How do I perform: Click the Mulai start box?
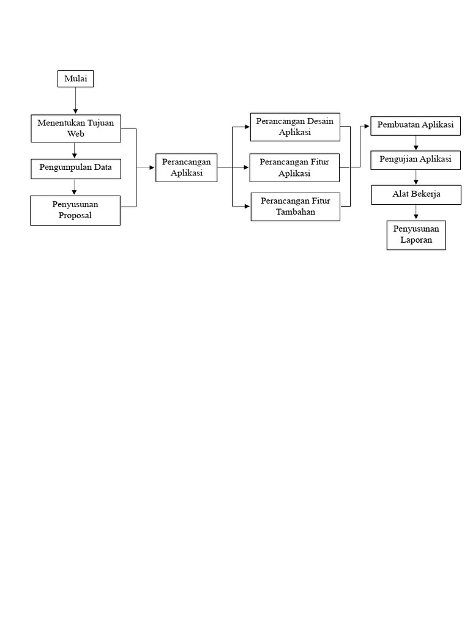point(75,79)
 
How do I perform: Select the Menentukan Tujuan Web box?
point(76,128)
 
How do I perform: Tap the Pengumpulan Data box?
point(76,169)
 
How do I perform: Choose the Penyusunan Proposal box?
point(75,210)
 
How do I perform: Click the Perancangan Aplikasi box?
point(186,168)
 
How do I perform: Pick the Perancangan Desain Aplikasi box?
point(295,127)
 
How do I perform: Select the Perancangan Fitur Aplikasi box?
point(294,168)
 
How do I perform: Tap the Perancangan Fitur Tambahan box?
point(296,207)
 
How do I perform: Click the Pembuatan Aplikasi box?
point(416,126)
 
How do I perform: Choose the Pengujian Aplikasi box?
point(416,160)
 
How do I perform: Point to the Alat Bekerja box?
point(416,195)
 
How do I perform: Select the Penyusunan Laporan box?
point(416,235)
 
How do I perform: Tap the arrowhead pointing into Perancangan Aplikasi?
point(152,168)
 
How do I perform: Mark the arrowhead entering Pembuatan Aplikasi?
point(367,126)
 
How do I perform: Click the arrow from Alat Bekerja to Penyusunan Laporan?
point(416,212)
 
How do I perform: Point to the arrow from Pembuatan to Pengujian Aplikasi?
point(416,142)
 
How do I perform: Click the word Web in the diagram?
point(75,134)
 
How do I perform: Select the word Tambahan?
point(296,212)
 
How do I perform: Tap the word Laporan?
point(416,240)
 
